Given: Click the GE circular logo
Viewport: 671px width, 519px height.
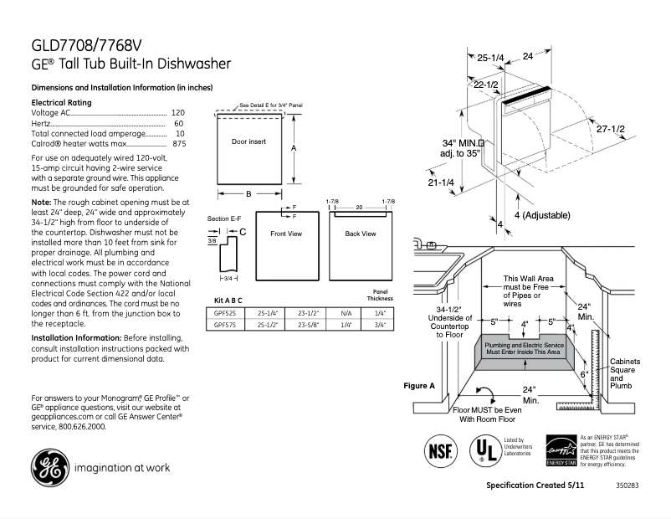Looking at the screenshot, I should [x=49, y=468].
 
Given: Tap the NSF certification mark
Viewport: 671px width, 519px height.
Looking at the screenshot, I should [x=440, y=450].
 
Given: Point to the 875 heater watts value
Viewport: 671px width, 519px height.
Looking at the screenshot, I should [x=178, y=144].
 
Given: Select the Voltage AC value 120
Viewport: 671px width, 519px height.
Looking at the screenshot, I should [x=177, y=112].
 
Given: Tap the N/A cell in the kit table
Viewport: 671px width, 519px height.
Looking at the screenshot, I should [x=346, y=311].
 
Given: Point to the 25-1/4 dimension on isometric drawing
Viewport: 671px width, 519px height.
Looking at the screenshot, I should [x=490, y=58].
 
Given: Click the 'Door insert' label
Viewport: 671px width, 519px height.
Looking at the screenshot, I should [x=248, y=142].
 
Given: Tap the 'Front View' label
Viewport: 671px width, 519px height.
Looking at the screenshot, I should [x=285, y=234].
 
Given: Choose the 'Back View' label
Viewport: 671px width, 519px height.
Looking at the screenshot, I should [x=360, y=234].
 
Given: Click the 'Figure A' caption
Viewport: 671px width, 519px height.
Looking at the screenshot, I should [x=419, y=386].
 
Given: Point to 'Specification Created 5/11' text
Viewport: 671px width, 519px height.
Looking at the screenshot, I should [x=534, y=486].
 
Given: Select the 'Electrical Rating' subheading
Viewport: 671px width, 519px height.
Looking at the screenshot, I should [x=61, y=102].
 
